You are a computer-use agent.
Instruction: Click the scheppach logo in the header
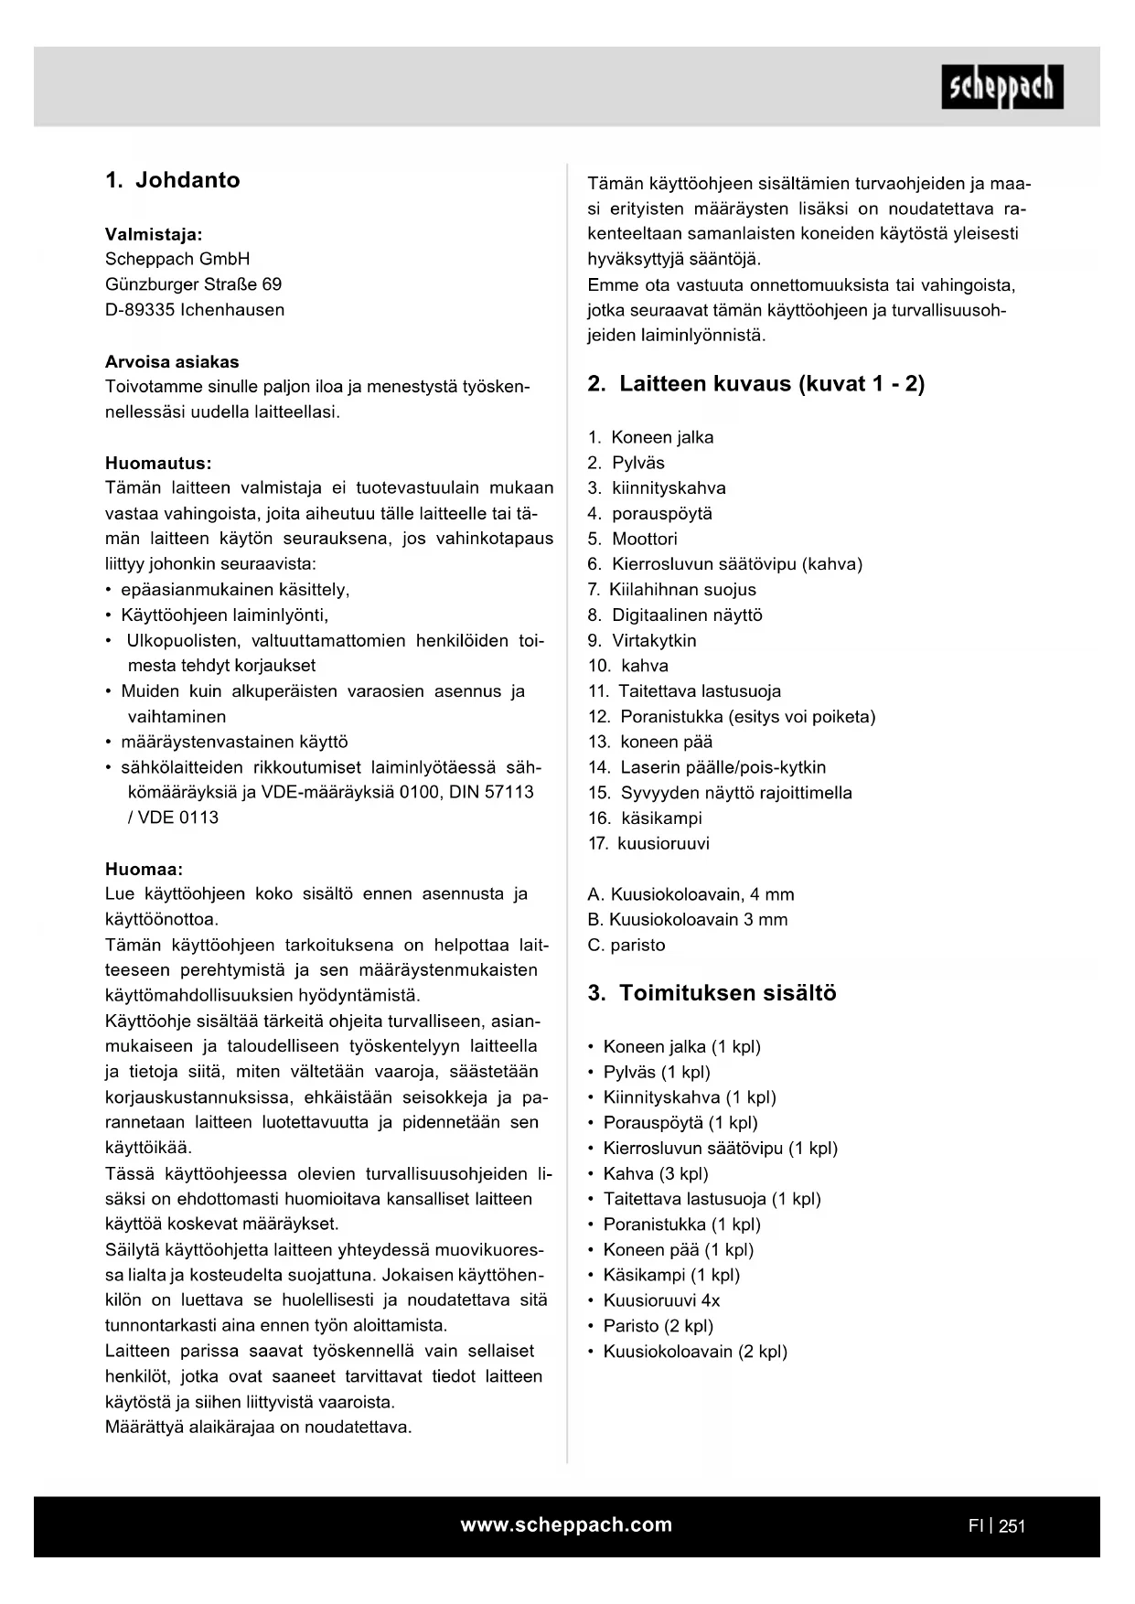pos(1001,87)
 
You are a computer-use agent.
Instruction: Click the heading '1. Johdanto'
pos(173,180)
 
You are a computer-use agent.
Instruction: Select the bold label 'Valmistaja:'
pos(154,234)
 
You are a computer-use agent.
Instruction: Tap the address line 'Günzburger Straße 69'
pos(193,284)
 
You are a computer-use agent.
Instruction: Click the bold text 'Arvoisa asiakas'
pos(172,361)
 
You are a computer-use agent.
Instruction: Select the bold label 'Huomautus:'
pos(158,463)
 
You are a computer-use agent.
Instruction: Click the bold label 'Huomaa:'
pos(144,869)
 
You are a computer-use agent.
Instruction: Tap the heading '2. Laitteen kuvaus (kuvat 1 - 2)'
pos(755,384)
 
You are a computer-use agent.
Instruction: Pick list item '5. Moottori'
pos(633,539)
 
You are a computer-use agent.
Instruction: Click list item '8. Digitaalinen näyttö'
pos(675,615)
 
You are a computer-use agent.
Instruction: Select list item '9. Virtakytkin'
pos(642,640)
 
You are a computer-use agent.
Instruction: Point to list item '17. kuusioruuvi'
pos(648,843)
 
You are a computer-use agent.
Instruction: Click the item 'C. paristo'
pos(626,945)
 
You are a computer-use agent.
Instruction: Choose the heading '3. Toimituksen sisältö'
pos(712,993)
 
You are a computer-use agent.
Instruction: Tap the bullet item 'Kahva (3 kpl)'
pos(655,1173)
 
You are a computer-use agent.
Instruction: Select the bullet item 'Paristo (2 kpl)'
pos(658,1326)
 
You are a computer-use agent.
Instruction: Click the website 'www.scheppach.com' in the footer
pos(566,1524)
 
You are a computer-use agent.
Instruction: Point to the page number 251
pos(1012,1525)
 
